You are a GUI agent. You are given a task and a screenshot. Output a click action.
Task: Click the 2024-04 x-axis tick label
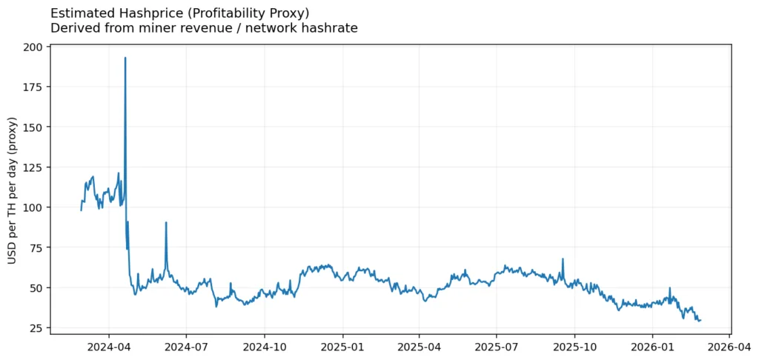(108, 345)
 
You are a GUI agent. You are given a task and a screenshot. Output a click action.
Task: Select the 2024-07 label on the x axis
(186, 345)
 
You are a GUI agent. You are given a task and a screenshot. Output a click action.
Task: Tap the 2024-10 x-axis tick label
(265, 345)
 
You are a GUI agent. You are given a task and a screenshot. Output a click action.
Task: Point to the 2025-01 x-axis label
(342, 345)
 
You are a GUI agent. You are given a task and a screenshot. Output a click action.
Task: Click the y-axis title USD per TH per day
(13, 190)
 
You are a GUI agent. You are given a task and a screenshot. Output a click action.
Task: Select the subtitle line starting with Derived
(204, 28)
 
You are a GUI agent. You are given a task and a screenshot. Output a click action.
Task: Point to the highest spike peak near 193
(125, 58)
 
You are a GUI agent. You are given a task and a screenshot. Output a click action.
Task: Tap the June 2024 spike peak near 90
(166, 222)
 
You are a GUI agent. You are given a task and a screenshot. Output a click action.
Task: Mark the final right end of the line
(700, 320)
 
